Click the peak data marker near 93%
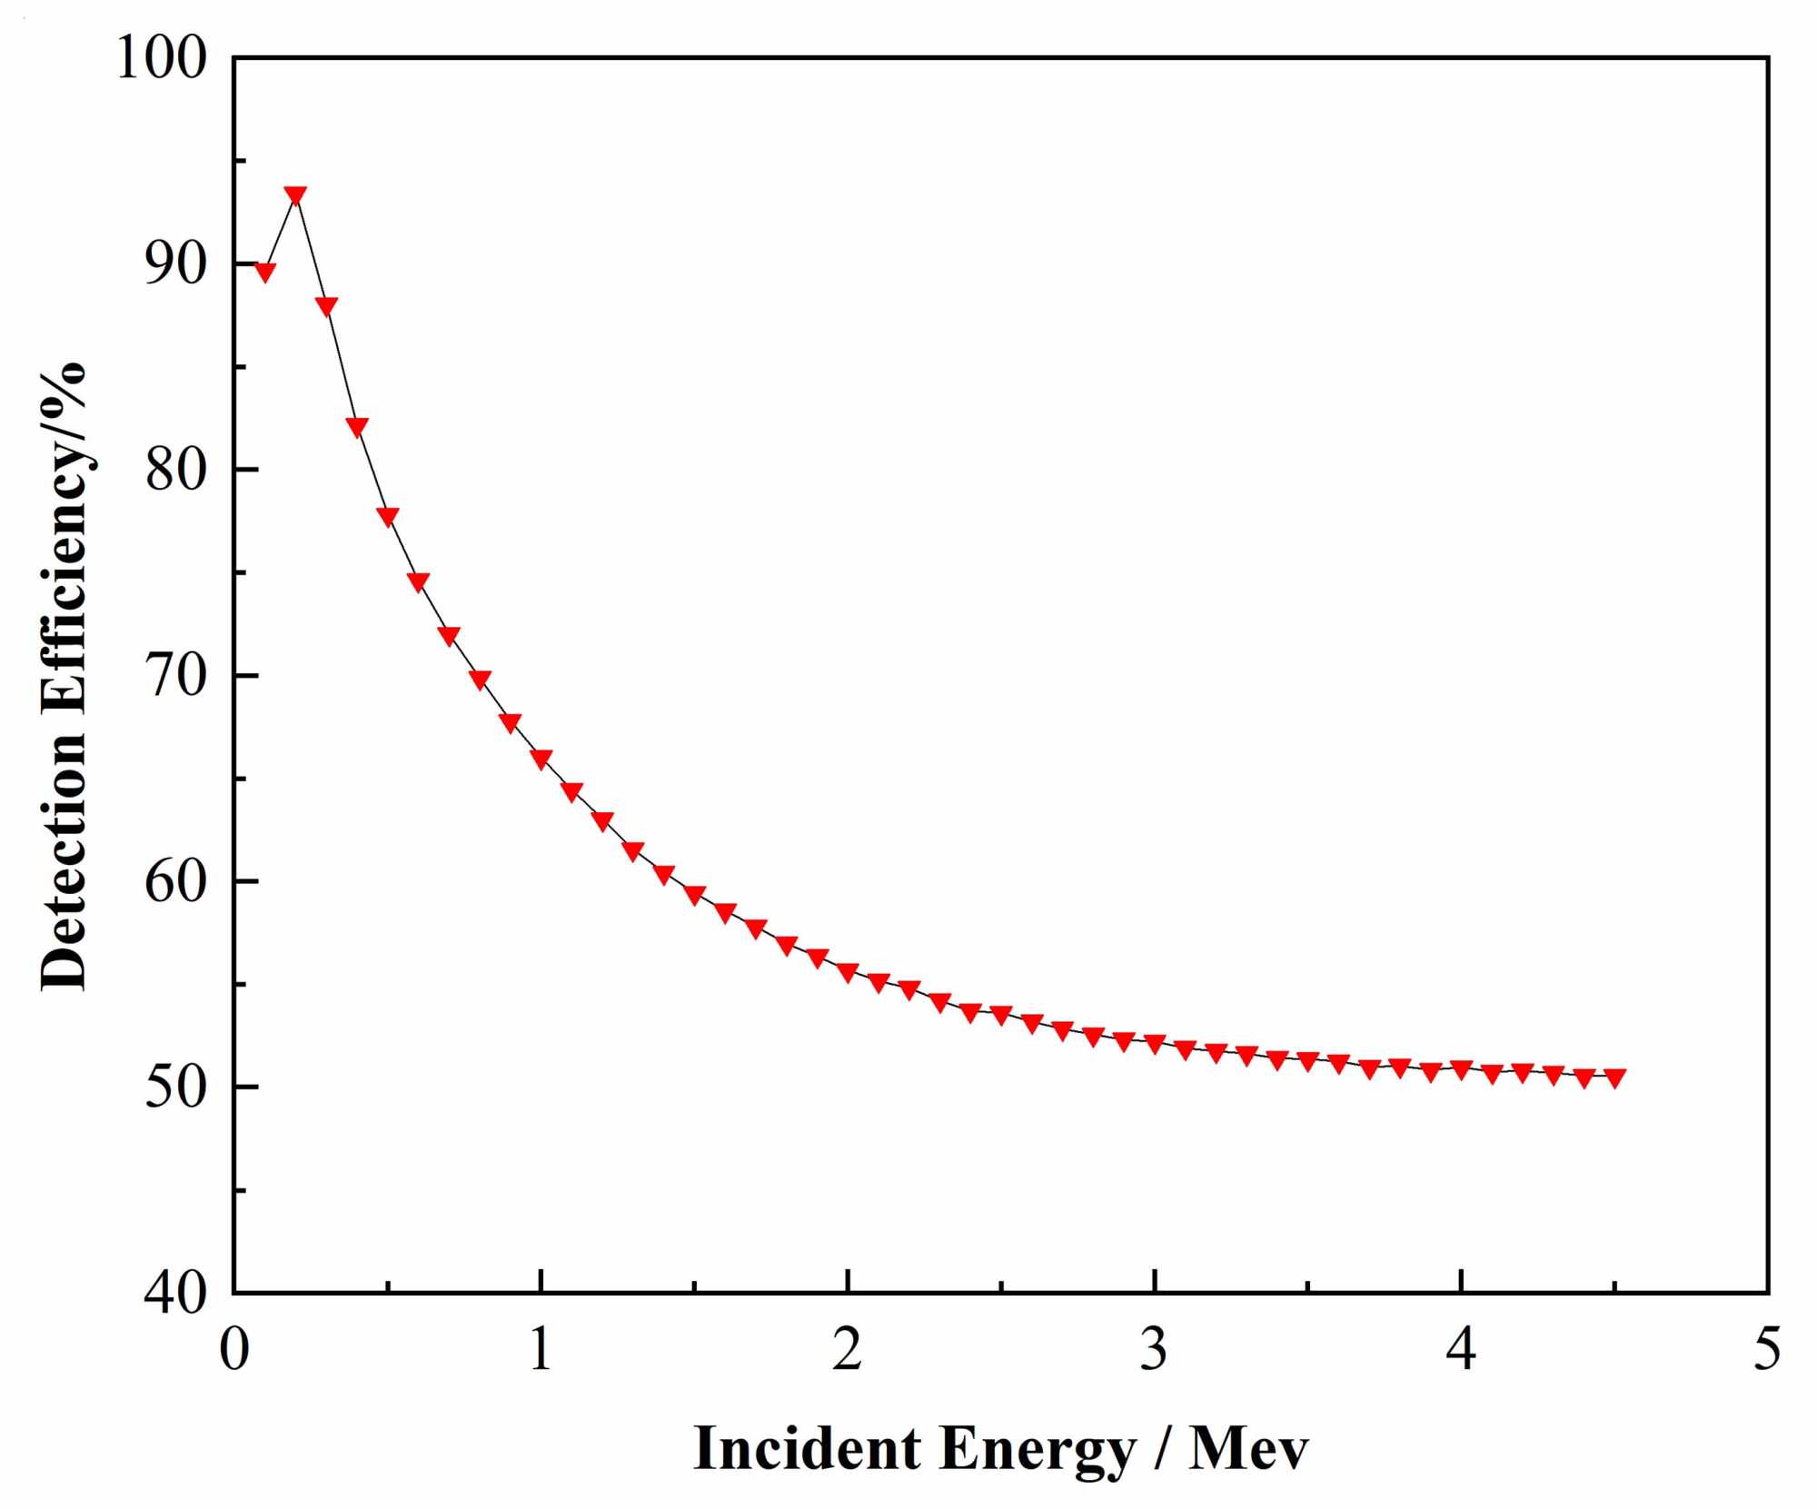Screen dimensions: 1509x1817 point(295,194)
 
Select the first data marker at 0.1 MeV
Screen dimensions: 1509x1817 point(264,272)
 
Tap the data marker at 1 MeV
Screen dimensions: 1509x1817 point(541,759)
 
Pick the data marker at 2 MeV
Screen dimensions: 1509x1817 point(848,972)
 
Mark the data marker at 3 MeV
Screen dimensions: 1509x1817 point(1155,1043)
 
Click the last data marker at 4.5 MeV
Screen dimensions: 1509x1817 point(1614,1077)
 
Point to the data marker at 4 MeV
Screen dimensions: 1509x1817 point(1461,1069)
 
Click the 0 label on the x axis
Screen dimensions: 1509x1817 point(234,1349)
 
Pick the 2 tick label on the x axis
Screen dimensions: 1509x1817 point(848,1349)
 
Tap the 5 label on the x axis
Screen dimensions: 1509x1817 point(1767,1349)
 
